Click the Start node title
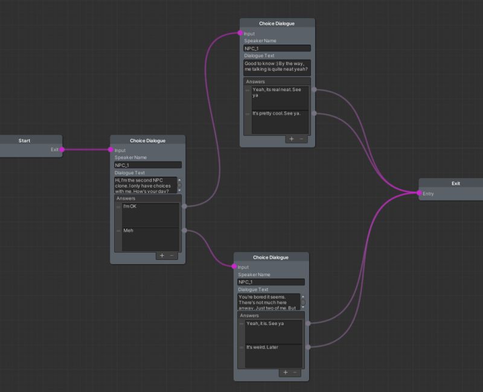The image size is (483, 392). (24, 141)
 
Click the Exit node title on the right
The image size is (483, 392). (455, 183)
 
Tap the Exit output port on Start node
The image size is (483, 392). (62, 150)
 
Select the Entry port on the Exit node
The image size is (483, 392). (419, 194)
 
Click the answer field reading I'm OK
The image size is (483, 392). (150, 215)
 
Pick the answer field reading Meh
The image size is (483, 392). (150, 239)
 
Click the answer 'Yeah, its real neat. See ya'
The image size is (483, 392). (280, 98)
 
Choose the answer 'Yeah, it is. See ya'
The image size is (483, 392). (273, 332)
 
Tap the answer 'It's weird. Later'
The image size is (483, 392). (273, 356)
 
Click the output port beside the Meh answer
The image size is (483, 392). (184, 230)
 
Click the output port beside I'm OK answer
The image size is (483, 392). (184, 206)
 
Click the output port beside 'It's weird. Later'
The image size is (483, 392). (308, 347)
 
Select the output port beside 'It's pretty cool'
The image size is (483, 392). (314, 113)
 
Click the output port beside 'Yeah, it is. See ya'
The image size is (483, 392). (308, 323)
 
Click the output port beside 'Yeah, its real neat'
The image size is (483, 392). (314, 90)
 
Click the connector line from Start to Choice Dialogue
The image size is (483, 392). (86, 150)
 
